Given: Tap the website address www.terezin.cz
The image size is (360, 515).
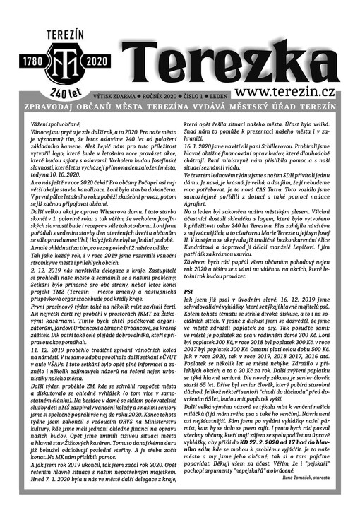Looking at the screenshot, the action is tap(294, 93).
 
